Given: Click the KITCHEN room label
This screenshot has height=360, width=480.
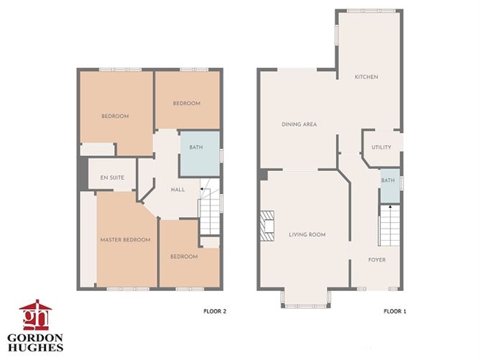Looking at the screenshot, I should coord(366,77).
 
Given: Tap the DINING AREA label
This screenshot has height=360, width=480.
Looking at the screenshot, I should coord(299,124).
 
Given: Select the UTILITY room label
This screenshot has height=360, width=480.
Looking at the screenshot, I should coord(382,147).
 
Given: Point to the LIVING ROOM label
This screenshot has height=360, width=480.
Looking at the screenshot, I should coord(308,234).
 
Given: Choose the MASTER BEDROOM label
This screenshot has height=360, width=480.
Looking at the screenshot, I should coord(125,239).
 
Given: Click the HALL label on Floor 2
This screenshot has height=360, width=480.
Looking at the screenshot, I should coord(178,190).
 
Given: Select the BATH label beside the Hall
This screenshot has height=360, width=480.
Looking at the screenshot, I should coord(195,148).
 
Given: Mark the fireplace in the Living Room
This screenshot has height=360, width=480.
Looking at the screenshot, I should coord(267,226).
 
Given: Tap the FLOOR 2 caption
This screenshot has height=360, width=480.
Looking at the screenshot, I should coord(216,313).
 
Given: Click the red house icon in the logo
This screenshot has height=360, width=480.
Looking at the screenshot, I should coord(35,315).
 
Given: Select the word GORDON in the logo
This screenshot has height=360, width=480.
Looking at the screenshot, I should coord(35,338).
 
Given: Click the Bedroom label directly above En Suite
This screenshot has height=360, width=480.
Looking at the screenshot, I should coord(114,116).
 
